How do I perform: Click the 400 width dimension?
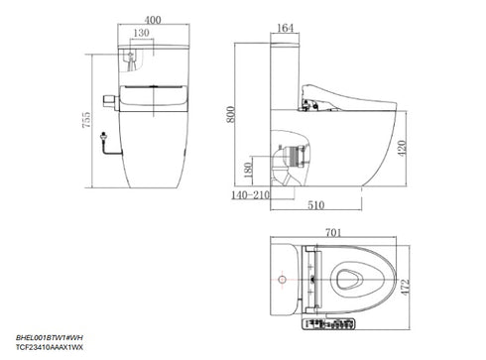click(x=152, y=20)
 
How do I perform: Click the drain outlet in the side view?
click(x=287, y=158)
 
